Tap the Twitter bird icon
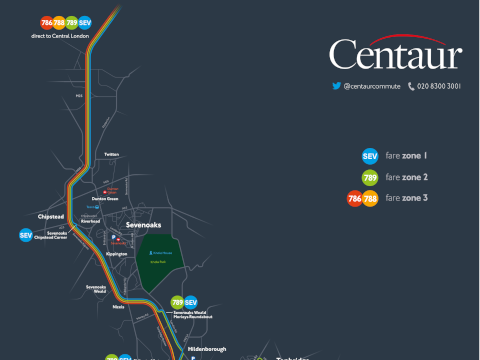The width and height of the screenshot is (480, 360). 336,87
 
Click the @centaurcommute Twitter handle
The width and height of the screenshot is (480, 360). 371,87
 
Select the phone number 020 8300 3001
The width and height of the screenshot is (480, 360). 439,87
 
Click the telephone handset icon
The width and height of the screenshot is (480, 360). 411,87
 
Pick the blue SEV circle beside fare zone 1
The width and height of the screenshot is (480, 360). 369,156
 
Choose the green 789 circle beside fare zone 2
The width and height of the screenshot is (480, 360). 369,177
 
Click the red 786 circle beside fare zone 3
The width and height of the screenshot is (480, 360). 354,198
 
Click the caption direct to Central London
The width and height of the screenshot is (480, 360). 60,35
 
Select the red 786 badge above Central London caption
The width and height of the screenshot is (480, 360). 47,22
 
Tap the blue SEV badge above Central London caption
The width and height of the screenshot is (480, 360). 84,22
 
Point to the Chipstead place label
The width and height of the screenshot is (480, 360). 51,216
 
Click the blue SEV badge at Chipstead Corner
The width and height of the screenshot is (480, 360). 26,236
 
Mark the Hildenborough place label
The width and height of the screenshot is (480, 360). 206,349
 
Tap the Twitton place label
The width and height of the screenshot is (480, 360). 111,155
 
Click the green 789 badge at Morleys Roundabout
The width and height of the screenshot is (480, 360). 177,302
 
